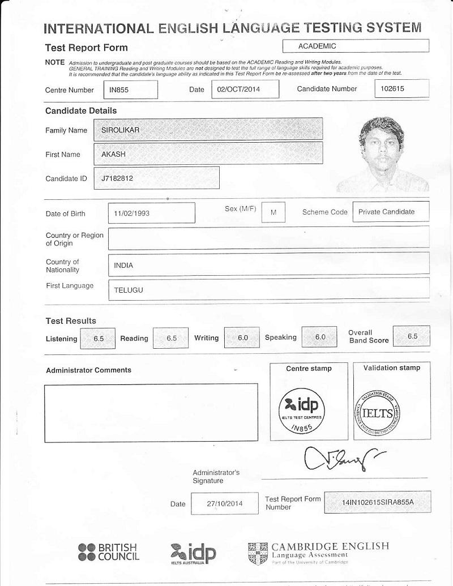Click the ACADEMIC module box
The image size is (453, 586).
tap(355, 46)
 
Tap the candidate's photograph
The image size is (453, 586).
tap(381, 153)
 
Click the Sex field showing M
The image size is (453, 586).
tap(274, 212)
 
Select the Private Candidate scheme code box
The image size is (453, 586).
tap(390, 212)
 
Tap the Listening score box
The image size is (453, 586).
tap(99, 338)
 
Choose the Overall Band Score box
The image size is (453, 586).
tap(412, 336)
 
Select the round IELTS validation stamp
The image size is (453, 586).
tap(379, 412)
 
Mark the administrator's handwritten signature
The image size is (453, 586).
tap(343, 458)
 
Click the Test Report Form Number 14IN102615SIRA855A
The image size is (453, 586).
tap(378, 502)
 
